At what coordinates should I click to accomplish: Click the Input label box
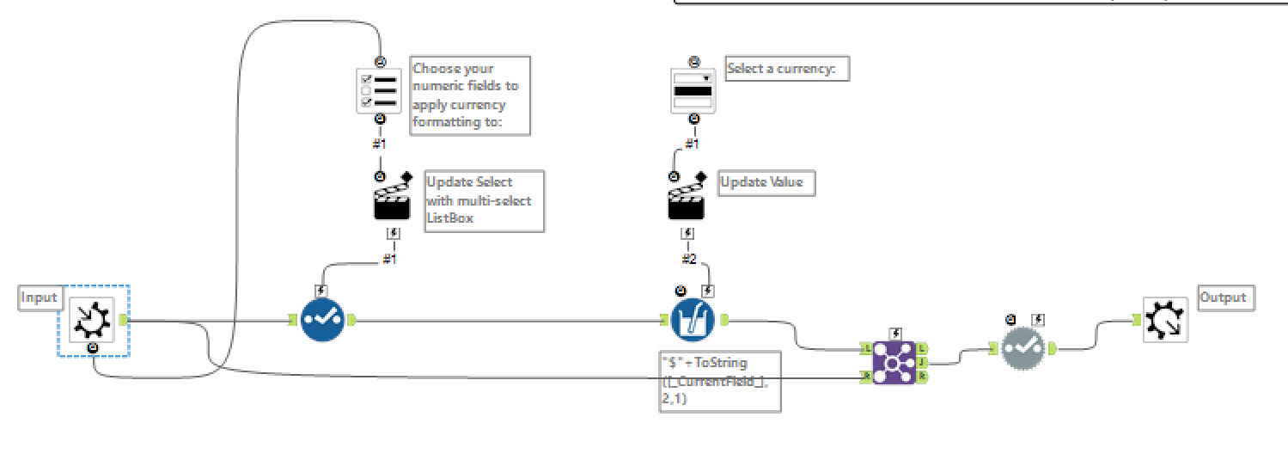[39, 297]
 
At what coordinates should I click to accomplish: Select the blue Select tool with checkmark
[321, 320]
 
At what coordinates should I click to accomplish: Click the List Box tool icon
[379, 90]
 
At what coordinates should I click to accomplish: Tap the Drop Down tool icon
[693, 90]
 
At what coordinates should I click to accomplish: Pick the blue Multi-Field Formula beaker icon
[693, 320]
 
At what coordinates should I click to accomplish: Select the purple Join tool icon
[894, 361]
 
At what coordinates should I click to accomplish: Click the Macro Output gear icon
[1165, 320]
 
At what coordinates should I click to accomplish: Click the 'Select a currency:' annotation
[787, 69]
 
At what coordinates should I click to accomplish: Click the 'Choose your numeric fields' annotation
[470, 95]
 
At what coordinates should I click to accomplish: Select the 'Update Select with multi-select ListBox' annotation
[485, 200]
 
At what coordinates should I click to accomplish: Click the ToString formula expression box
[720, 381]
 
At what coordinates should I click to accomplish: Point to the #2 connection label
[688, 259]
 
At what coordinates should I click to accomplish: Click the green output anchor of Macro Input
[123, 320]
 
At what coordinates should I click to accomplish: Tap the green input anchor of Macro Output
[1137, 320]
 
